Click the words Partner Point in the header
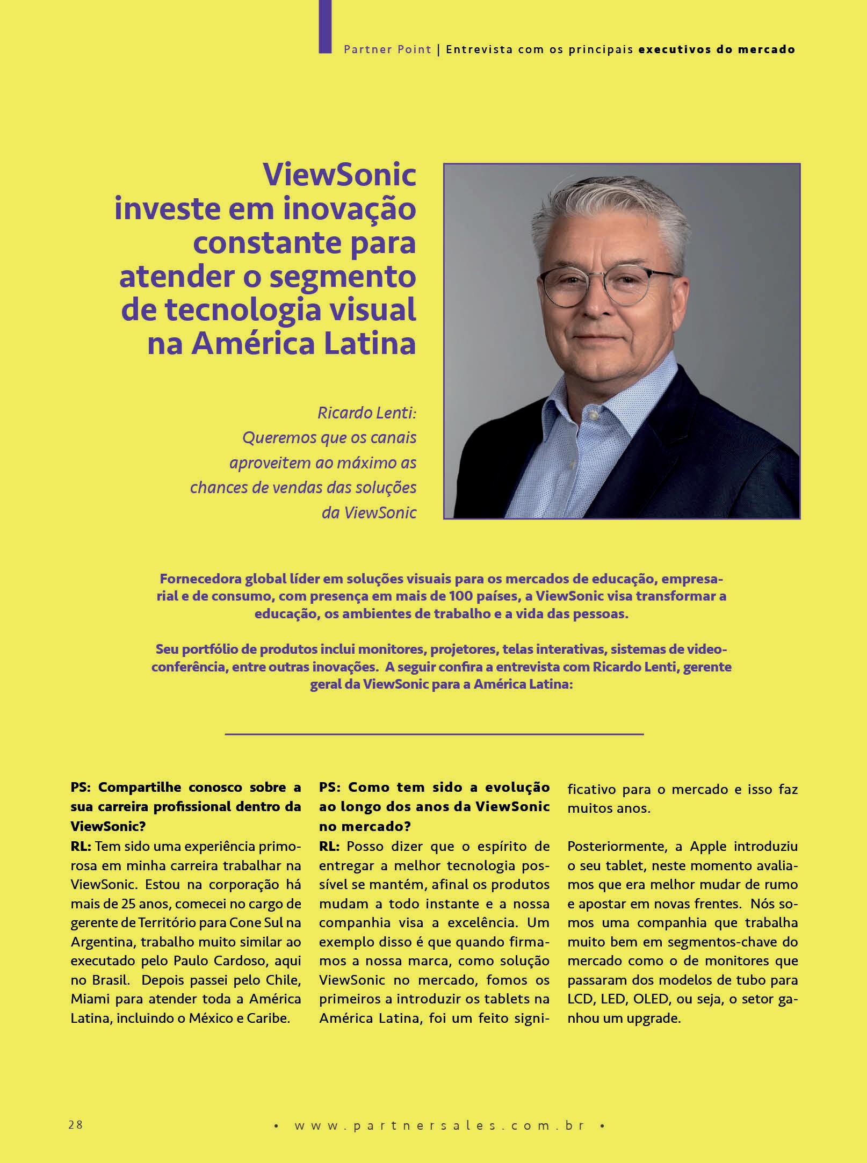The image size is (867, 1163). click(x=387, y=49)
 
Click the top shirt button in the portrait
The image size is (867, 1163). click(x=593, y=415)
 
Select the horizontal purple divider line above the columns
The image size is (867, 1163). click(x=433, y=733)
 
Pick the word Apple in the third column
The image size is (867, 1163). click(x=708, y=846)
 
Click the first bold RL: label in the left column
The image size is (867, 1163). click(x=81, y=846)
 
